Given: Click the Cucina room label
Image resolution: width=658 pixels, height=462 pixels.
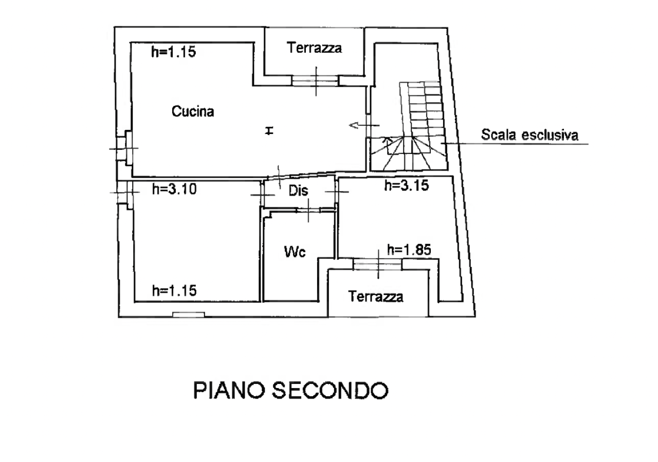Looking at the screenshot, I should pos(193,111).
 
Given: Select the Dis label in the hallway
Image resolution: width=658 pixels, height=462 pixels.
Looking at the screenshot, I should pos(298,191).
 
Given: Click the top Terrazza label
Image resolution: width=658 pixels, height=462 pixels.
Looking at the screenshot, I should pos(315,48).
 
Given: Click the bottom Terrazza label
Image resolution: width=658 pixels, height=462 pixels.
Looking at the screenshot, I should pos(375,297).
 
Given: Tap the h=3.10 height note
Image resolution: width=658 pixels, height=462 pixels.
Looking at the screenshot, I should pos(175,189).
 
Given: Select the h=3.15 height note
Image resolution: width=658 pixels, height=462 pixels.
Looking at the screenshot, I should pos(407,186).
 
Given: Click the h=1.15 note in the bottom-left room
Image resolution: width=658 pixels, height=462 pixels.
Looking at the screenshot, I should pos(175,291).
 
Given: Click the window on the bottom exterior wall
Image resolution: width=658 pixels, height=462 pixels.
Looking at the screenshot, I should pos(188,315).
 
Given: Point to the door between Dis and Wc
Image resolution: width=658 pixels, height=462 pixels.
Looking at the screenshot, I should pos(307,209).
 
